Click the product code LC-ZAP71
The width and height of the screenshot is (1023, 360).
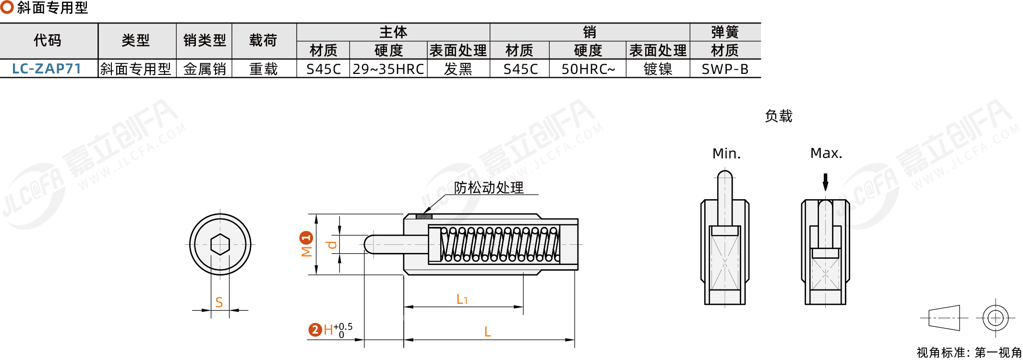click(47, 69)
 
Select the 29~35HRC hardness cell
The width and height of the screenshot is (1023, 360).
click(388, 69)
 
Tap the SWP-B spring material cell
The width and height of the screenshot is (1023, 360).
click(725, 69)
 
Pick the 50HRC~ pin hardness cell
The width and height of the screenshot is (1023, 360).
click(588, 69)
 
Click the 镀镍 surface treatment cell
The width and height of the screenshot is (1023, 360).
click(658, 69)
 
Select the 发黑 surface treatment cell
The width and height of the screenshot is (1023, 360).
click(458, 69)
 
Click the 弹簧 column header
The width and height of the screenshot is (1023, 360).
click(725, 32)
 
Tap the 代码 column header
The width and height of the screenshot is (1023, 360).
click(48, 40)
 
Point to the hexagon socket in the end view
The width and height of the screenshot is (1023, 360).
click(220, 244)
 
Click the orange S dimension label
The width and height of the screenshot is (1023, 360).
click(219, 302)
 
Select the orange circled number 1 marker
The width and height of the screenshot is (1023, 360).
click(306, 238)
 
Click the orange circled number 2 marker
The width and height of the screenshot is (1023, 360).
click(315, 330)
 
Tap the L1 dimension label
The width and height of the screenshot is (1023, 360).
click(462, 300)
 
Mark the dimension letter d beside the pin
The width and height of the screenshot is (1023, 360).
click(331, 245)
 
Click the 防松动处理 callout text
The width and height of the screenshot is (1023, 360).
click(489, 188)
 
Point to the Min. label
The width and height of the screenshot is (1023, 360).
click(726, 154)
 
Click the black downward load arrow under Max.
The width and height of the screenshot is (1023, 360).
click(825, 182)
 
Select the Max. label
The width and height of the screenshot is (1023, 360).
click(826, 153)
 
